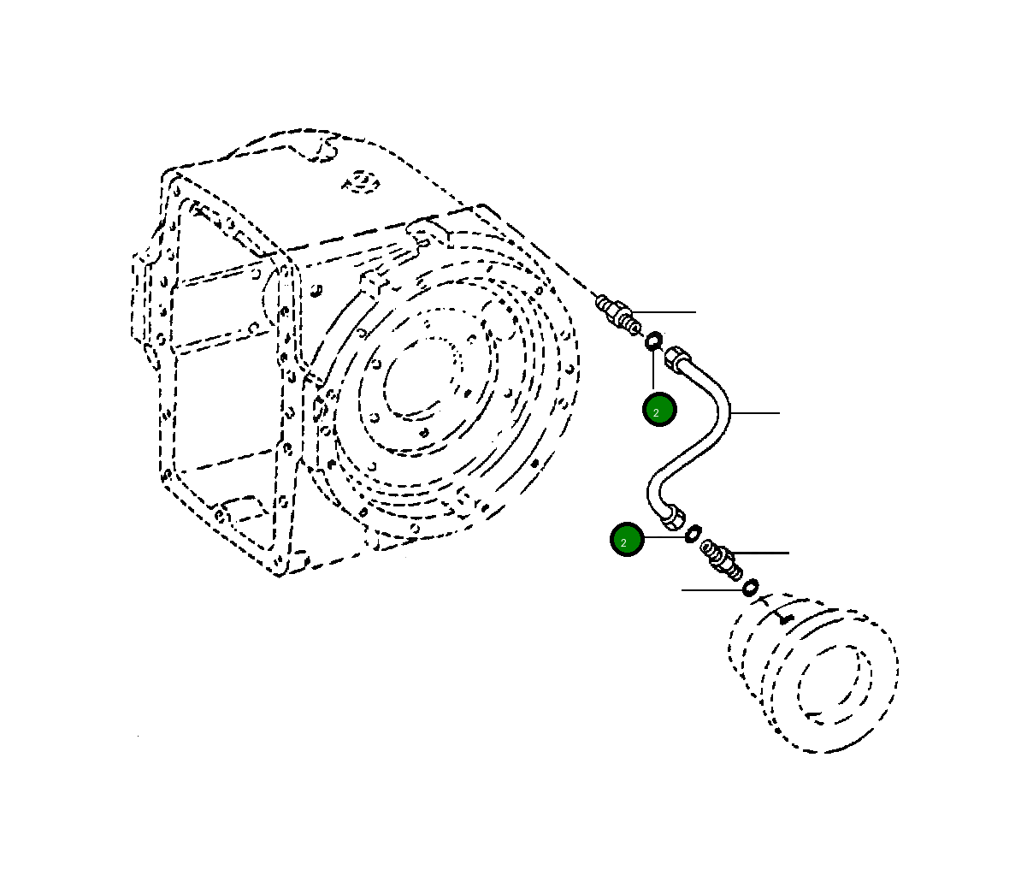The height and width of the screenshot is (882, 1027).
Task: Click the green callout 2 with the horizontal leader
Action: tap(626, 540)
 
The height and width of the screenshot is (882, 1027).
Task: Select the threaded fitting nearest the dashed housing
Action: tap(618, 313)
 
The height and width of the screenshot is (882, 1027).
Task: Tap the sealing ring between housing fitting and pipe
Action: tap(652, 341)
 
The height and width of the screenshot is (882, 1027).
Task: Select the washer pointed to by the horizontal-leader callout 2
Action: tap(693, 533)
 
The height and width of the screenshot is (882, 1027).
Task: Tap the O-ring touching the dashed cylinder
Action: tap(750, 588)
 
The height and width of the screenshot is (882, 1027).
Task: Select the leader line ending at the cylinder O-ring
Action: tap(710, 589)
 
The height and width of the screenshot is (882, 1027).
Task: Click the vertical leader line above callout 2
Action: tap(653, 370)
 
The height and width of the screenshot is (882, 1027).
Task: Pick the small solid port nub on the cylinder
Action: tap(788, 616)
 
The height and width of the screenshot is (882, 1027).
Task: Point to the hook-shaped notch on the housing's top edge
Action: tap(324, 149)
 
